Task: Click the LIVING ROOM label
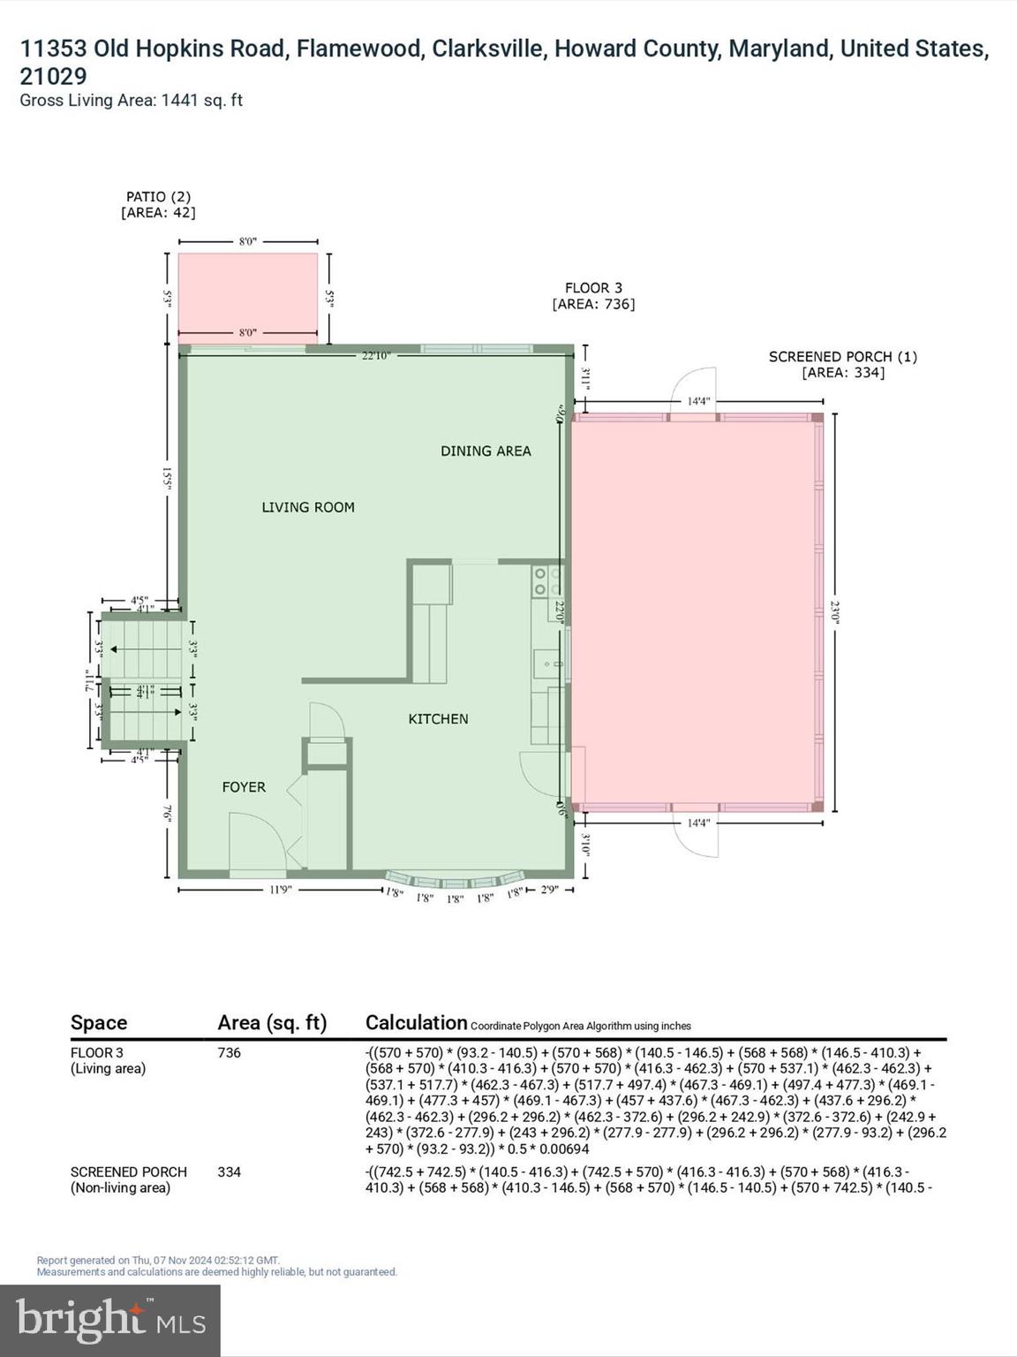308,507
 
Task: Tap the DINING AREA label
486,451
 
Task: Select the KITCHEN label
438,719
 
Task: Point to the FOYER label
244,787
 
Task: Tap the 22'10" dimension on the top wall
375,356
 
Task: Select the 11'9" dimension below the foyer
280,890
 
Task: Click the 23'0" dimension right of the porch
835,611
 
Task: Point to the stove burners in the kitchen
546,581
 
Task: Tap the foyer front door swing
256,844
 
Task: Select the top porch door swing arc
694,386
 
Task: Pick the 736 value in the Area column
230,1053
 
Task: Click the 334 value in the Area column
230,1172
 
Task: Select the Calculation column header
416,1023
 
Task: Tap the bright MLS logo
110,1320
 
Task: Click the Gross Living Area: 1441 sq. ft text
132,101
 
